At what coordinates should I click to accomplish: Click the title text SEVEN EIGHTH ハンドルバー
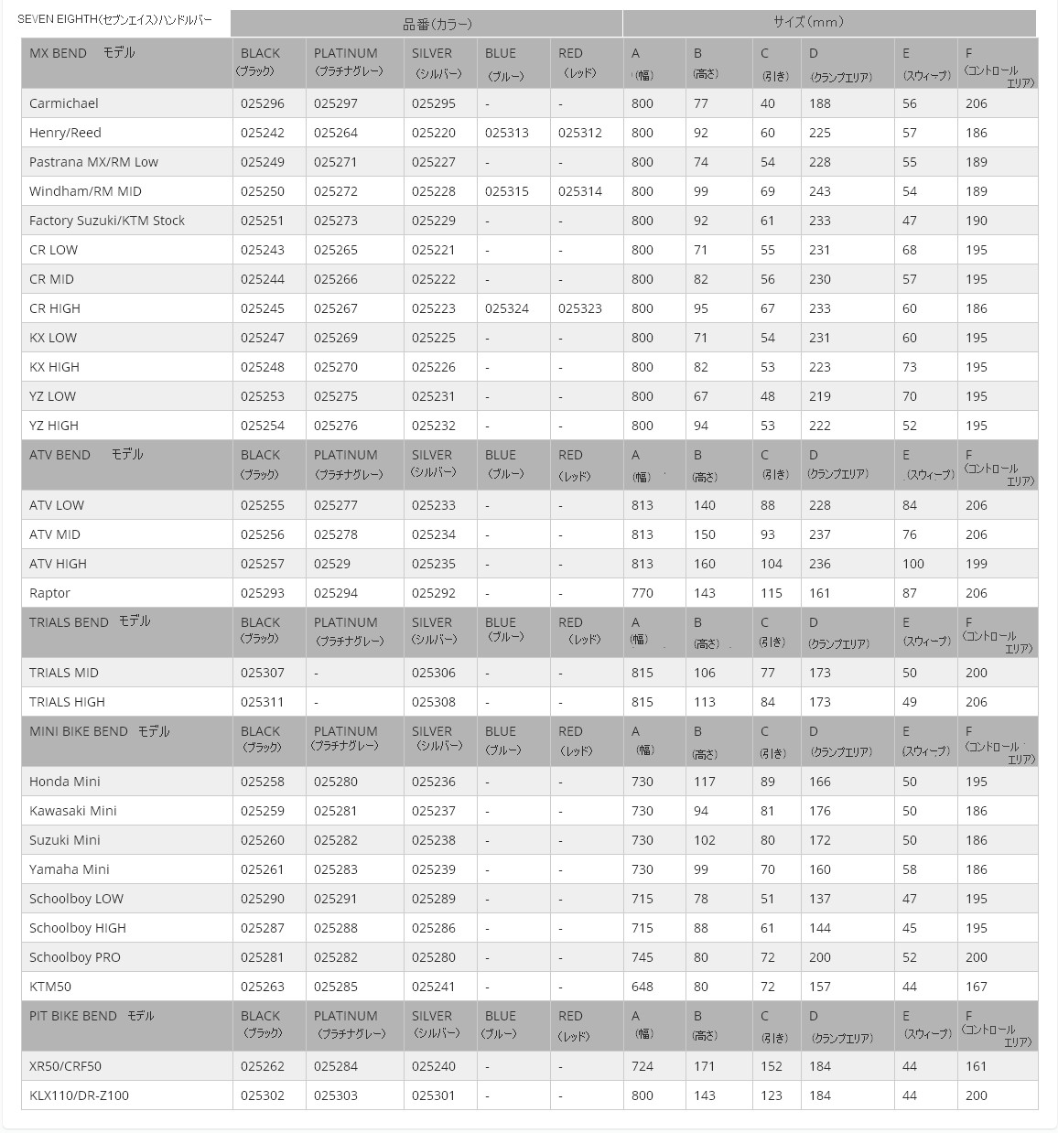point(114,19)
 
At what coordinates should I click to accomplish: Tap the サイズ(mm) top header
point(808,23)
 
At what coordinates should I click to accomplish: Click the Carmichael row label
point(64,103)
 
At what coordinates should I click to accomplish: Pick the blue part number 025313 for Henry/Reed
point(507,133)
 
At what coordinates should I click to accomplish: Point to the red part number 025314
point(580,191)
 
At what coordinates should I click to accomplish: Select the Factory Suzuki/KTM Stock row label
point(107,221)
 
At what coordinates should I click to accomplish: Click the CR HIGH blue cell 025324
point(507,308)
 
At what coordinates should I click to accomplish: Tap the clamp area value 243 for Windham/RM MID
point(820,191)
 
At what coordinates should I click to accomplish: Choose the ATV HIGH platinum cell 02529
point(332,564)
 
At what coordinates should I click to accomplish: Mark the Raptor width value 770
point(642,593)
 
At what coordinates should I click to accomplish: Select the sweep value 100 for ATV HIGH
point(913,564)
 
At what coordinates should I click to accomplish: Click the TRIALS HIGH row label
point(67,702)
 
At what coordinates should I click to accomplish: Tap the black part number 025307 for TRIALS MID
point(263,673)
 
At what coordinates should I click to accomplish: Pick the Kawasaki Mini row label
point(73,811)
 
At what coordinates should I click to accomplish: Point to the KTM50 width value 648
point(642,987)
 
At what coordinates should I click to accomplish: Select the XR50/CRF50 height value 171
point(705,1066)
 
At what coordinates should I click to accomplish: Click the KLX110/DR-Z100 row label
point(79,1095)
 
